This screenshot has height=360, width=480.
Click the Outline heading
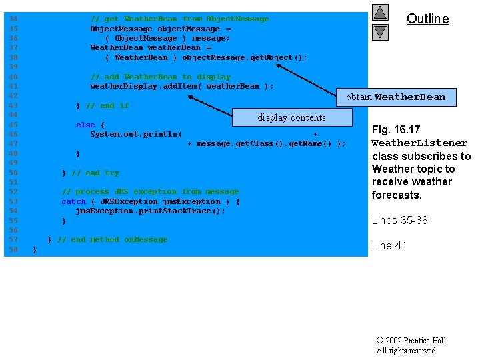427,19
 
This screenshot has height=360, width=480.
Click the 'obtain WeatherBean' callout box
395,97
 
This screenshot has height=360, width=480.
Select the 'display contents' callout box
292,118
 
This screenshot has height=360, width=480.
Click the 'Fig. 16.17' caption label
395,129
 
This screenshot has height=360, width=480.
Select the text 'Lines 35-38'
399,220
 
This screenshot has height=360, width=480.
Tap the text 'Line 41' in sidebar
389,245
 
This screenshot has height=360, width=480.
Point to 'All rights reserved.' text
407,351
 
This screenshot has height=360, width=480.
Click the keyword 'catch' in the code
73,201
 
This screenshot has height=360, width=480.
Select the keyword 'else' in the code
85,125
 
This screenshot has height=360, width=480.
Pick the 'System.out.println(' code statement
136,134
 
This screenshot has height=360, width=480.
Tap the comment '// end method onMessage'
112,239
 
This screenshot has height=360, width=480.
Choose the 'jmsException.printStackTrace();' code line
150,211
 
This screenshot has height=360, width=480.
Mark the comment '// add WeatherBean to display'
160,77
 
